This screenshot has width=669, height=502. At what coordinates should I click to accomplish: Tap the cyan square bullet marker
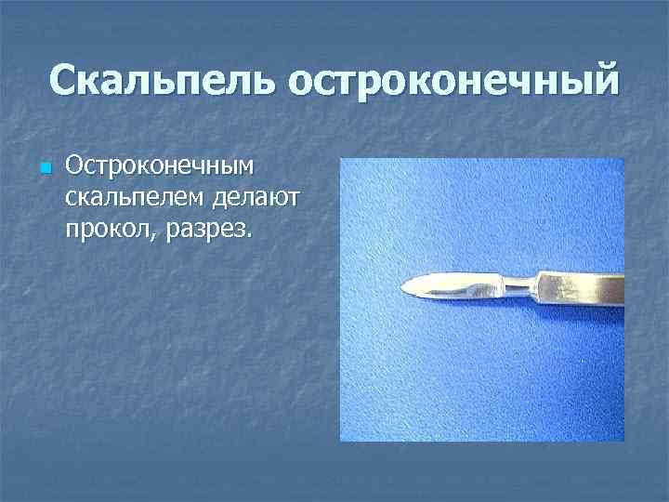44,168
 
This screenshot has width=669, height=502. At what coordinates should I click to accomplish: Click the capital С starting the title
65,81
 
